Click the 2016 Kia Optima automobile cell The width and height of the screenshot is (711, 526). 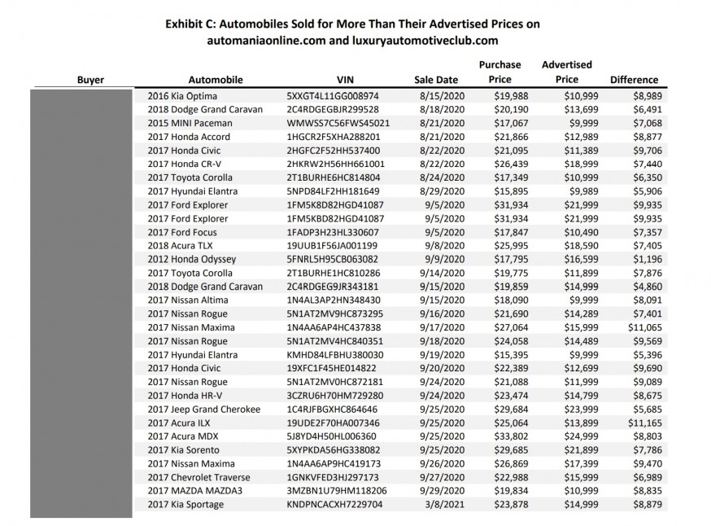177,95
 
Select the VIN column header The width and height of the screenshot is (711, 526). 344,80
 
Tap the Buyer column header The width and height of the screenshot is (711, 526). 90,80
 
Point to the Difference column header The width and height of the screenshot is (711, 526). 634,80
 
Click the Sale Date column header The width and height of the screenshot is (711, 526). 436,80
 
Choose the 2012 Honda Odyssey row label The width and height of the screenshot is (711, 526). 192,259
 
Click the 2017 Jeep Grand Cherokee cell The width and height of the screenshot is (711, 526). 204,409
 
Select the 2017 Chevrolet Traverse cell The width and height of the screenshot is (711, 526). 198,477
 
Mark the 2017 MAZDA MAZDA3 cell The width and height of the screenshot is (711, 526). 194,491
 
